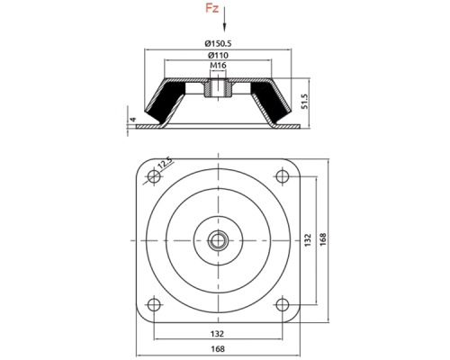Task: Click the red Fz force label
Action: coord(211,8)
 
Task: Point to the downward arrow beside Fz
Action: coord(224,19)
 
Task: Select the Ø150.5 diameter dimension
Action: coord(218,43)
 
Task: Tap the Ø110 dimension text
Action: coord(218,55)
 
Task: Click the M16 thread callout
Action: coord(218,65)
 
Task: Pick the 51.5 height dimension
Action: coord(304,102)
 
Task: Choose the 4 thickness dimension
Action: coord(132,120)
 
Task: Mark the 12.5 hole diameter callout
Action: coord(166,164)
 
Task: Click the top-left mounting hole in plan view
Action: coord(154,176)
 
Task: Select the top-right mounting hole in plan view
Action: coord(282,176)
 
